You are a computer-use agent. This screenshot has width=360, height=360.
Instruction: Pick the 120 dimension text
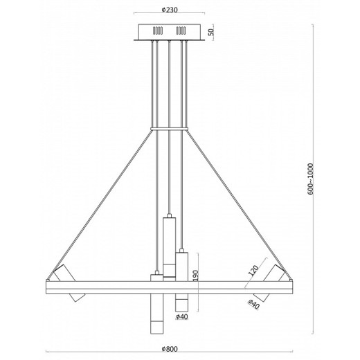[x=254, y=269]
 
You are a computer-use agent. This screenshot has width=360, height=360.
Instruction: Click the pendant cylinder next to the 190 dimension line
[x=181, y=266]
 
